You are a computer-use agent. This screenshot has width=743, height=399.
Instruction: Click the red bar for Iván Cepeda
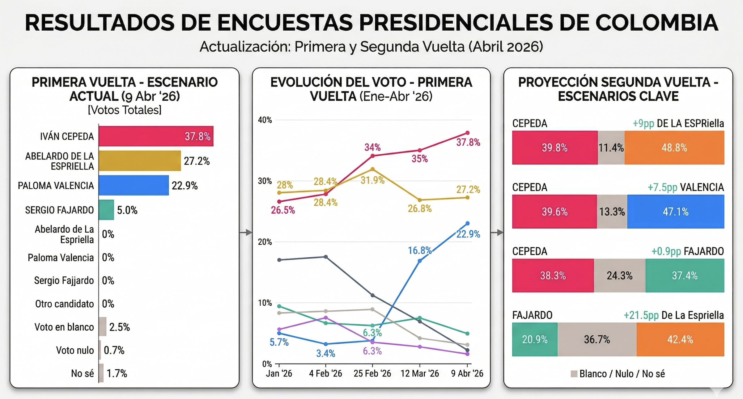156,136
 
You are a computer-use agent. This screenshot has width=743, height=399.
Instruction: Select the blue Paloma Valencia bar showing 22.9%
134,185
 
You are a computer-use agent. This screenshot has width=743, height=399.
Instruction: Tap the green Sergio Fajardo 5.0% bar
106,210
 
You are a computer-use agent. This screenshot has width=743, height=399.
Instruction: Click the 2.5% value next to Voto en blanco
119,327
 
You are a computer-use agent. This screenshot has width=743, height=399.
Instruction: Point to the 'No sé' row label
82,373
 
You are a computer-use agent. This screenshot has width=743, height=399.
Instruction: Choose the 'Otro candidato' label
64,304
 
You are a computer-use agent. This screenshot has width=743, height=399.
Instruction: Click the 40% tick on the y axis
265,120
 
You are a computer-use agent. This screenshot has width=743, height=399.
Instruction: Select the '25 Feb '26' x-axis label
372,373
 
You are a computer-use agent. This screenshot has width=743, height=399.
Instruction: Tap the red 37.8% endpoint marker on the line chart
467,133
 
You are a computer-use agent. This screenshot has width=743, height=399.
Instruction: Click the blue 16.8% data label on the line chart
419,250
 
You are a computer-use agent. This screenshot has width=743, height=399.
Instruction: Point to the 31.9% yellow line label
372,180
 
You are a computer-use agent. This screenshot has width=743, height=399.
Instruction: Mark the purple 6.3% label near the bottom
372,351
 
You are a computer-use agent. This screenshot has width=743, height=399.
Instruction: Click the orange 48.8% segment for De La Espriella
674,148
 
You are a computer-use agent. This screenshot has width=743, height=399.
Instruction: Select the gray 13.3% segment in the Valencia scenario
612,212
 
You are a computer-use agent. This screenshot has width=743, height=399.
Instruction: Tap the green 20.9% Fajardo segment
535,339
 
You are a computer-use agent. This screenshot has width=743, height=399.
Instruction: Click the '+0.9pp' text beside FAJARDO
666,251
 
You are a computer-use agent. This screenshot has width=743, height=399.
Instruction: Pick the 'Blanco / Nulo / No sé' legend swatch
574,374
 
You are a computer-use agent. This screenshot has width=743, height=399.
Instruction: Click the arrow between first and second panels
246,233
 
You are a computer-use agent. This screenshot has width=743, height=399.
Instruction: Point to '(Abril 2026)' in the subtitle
506,47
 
